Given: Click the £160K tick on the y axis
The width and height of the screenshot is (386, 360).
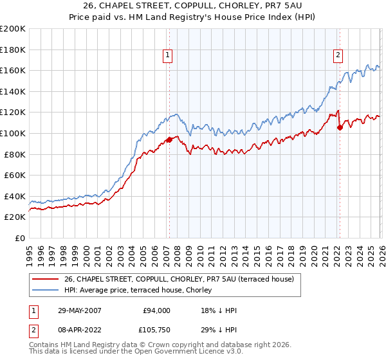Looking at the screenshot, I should (x=13, y=70).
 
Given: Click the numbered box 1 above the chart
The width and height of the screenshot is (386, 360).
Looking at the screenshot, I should (x=167, y=56).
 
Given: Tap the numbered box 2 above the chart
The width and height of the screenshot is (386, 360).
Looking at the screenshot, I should (x=338, y=56).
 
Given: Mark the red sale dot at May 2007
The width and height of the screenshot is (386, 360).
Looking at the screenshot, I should (x=169, y=139).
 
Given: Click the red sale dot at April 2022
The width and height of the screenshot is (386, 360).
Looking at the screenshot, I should (x=340, y=127).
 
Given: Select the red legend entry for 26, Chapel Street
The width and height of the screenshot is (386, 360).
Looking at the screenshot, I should (x=179, y=279).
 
